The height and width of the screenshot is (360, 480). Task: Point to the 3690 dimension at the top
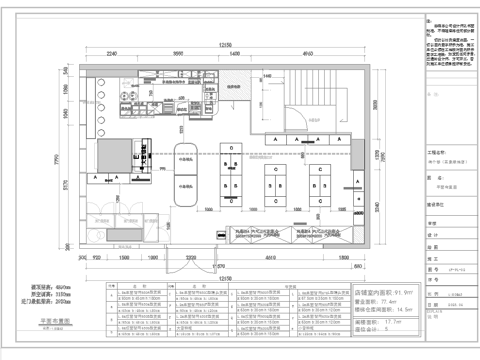(176, 53)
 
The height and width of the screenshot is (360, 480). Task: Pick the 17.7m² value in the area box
(391, 323)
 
